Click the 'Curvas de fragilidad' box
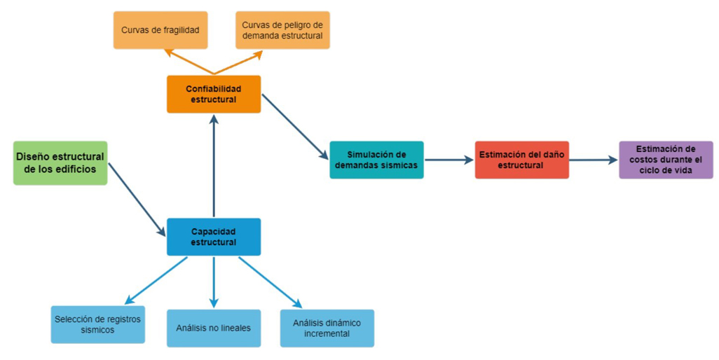[x=160, y=30]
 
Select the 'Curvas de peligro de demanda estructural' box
[x=282, y=30]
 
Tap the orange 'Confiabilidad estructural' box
[x=214, y=94]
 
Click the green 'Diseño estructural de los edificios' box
[x=60, y=162]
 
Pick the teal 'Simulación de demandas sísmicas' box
[x=376, y=160]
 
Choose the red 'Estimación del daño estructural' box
[x=521, y=160]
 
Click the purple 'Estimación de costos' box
[x=666, y=160]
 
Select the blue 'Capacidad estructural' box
[x=214, y=237]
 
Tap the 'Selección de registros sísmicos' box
[x=98, y=324]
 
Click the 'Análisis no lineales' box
[x=214, y=328]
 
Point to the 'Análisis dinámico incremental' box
[x=327, y=328]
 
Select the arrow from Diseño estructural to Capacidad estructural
[x=137, y=199]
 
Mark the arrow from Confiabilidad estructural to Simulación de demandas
[x=294, y=126]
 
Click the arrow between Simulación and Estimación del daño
[x=448, y=160]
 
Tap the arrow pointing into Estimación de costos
[x=593, y=160]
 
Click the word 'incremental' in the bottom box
[x=327, y=333]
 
